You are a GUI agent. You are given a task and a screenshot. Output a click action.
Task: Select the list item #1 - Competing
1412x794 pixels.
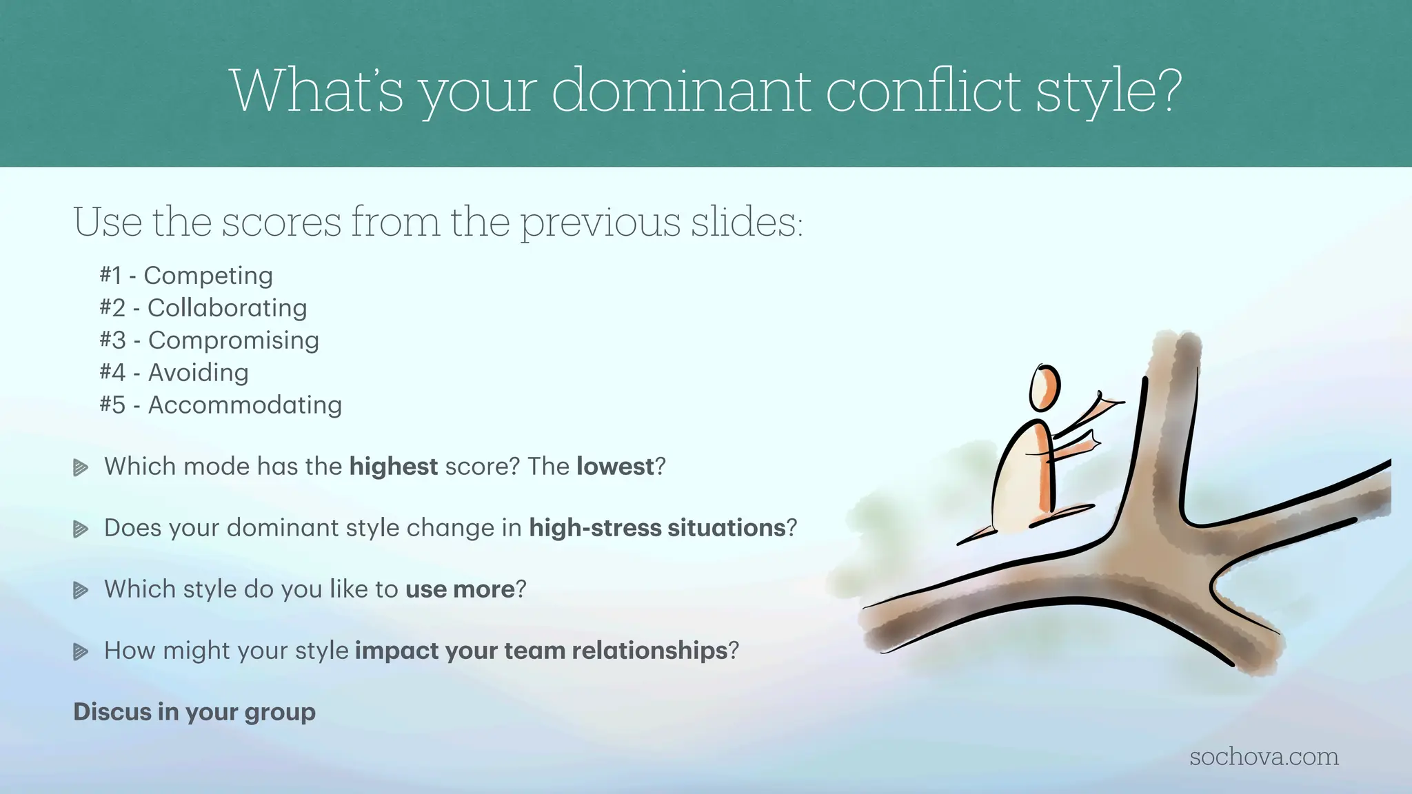click(186, 276)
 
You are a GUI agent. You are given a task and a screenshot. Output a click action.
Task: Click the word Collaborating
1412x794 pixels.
click(227, 308)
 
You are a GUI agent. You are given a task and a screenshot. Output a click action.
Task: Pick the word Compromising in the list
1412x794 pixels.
click(233, 340)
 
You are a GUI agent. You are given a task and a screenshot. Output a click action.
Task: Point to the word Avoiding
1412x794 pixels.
click(198, 373)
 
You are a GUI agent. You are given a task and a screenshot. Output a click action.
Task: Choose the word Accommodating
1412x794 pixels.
click(245, 405)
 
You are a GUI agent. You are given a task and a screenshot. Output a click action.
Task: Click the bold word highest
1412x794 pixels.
click(393, 467)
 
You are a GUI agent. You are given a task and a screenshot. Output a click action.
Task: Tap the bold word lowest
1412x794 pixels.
click(614, 467)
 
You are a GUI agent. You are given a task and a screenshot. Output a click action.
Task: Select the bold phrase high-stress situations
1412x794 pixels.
click(657, 528)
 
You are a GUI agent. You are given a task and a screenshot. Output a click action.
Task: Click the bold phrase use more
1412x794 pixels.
click(460, 589)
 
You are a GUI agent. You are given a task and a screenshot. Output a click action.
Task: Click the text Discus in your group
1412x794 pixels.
click(194, 712)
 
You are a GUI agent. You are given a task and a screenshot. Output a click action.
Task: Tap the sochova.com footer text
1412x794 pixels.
click(1264, 757)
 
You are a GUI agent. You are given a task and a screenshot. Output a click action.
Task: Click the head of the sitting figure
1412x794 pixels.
click(1044, 388)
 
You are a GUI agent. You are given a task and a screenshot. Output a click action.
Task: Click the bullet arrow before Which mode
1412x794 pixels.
click(81, 468)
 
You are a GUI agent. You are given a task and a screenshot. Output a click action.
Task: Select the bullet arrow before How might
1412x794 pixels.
click(81, 652)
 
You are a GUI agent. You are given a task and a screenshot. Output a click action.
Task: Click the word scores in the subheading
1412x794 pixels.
click(281, 222)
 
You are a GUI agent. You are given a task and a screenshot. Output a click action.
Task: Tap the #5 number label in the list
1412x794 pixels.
click(112, 405)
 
